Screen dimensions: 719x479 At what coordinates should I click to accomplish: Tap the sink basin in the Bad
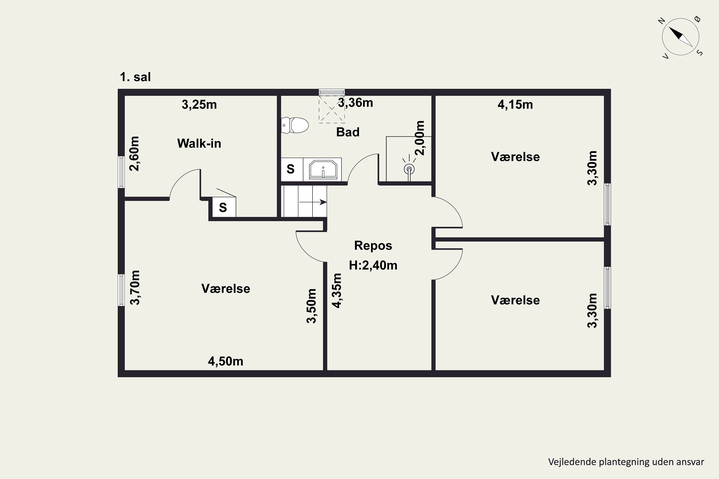click(323, 170)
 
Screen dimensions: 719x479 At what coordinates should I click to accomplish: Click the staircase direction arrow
click(313, 202)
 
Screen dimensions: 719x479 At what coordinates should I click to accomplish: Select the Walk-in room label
click(199, 143)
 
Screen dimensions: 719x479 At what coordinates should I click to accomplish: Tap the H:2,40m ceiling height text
click(373, 265)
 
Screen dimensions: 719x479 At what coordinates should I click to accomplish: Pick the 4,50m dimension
click(226, 361)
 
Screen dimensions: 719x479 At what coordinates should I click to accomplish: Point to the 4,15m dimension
click(515, 104)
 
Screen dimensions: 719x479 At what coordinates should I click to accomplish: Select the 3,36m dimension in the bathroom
click(355, 103)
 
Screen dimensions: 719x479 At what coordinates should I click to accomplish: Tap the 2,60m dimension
click(134, 154)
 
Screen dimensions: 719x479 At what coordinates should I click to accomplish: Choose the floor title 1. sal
click(135, 77)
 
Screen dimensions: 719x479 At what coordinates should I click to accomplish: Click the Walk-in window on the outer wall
click(121, 172)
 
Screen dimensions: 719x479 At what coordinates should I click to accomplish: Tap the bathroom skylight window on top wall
click(332, 92)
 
